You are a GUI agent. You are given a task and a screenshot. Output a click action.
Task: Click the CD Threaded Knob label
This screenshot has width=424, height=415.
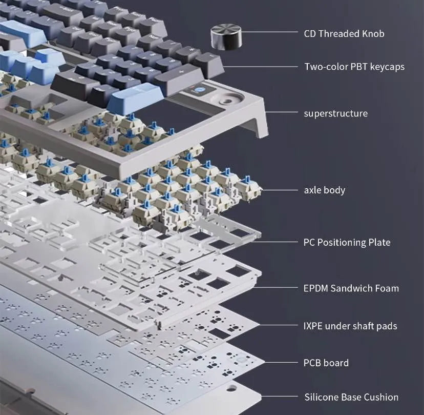tap(344, 33)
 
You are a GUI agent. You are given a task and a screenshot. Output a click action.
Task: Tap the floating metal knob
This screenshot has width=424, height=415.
tap(226, 36)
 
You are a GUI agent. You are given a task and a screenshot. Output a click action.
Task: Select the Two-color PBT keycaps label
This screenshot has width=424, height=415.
tap(354, 67)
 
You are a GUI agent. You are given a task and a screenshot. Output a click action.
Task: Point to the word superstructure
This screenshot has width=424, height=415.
tap(336, 113)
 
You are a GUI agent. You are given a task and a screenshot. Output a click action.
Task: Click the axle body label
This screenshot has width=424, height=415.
tap(325, 190)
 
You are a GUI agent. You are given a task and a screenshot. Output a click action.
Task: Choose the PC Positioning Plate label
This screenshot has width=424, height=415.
tap(347, 242)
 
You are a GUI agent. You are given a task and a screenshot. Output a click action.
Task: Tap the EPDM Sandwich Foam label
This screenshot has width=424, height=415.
tap(351, 288)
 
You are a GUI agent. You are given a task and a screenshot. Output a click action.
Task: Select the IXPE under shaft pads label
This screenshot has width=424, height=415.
tap(350, 326)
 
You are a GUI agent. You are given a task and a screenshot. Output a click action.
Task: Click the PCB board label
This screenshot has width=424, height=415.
tap(326, 363)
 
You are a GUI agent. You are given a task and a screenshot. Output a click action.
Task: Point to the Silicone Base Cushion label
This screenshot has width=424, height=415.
tap(351, 397)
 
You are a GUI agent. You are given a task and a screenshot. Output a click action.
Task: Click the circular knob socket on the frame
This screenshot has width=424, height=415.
tap(227, 100)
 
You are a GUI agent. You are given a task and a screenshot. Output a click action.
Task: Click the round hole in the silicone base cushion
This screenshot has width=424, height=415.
tap(231, 388)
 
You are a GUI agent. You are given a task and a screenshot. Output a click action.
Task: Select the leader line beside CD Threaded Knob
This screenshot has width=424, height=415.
tap(269, 32)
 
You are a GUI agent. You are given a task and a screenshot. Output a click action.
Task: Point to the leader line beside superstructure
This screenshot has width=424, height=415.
tap(281, 112)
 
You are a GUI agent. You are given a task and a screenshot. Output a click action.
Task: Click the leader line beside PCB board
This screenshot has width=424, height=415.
tap(281, 362)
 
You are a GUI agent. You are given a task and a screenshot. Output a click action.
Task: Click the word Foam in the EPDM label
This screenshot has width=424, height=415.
tap(387, 288)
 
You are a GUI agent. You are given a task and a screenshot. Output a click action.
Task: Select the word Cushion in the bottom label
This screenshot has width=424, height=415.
tap(381, 397)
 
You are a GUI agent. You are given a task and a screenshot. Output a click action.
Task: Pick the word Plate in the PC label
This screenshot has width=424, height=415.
tap(379, 242)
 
